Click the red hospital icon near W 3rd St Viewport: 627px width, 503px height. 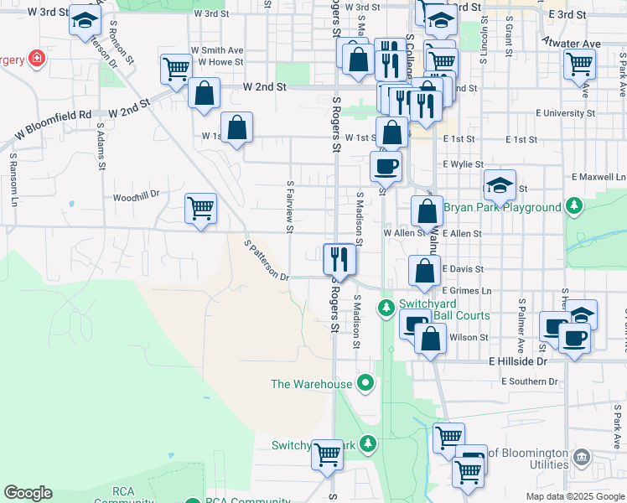35,59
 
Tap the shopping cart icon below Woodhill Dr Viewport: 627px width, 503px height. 200,207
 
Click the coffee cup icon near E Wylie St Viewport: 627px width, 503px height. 386,165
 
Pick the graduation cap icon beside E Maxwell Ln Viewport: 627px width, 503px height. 499,184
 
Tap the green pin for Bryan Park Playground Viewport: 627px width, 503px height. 573,205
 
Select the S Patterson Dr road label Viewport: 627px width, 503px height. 266,261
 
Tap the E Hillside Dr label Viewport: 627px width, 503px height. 517,360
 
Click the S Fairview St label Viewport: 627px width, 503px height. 290,205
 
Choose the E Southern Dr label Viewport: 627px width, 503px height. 530,381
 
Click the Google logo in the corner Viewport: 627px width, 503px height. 28,493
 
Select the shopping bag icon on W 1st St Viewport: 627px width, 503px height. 237,128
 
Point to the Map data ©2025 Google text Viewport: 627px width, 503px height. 574,496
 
